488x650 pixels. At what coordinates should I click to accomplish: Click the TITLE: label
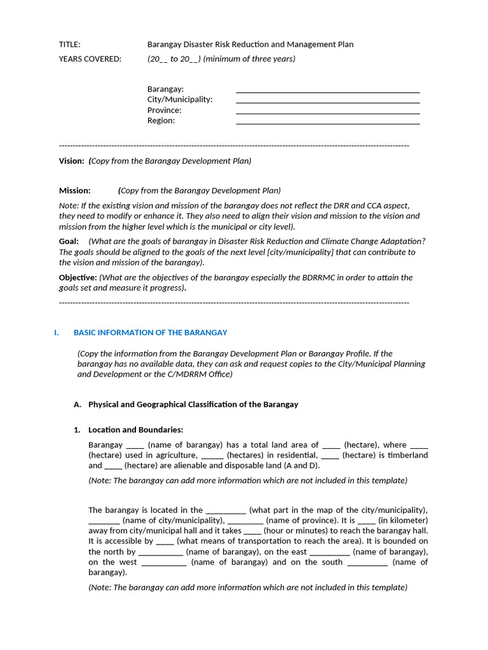pos(70,44)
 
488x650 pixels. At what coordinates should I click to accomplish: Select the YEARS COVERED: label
pos(90,59)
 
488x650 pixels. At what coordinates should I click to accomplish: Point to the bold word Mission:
pos(75,190)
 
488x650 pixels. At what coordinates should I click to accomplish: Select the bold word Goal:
pos(69,241)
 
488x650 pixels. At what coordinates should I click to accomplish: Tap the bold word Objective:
pos(78,277)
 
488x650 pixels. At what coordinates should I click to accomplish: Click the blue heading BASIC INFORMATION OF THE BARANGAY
pos(150,333)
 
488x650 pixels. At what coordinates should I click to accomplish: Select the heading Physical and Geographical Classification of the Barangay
pos(193,404)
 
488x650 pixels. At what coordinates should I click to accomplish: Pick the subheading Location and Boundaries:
pos(135,430)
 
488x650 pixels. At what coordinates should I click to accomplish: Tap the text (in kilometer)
pos(403,521)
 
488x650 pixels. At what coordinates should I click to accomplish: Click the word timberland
pos(404,455)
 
